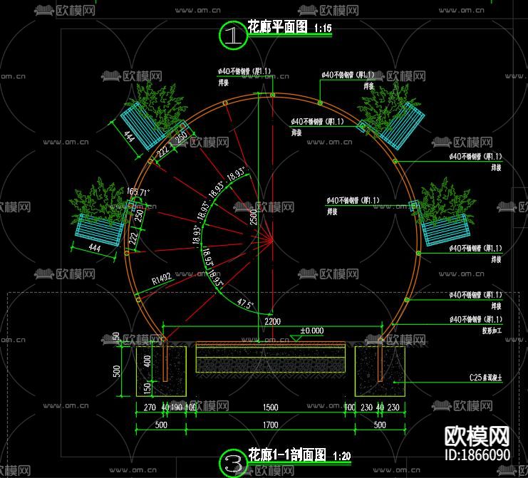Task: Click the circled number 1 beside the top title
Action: [232, 35]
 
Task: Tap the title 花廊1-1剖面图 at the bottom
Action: [286, 455]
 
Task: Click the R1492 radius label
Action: [162, 279]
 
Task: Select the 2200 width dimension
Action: [271, 322]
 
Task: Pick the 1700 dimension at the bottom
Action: [271, 425]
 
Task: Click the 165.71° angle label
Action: [139, 192]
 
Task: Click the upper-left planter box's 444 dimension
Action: [129, 135]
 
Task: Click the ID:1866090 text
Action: [477, 454]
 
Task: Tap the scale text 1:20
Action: [342, 457]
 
